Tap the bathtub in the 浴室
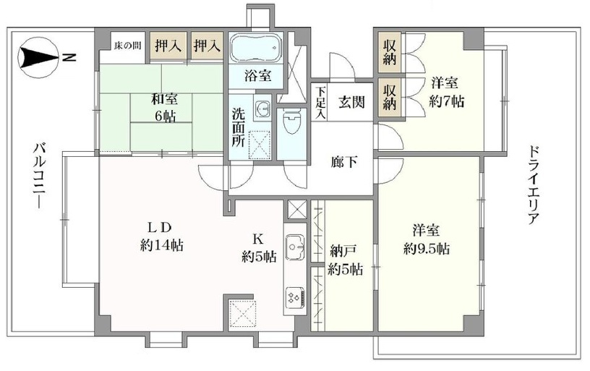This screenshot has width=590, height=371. (x=256, y=48)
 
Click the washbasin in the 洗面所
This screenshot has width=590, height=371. (x=262, y=109)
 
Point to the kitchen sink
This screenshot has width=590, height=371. (x=295, y=247)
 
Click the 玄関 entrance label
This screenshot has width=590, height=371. (x=351, y=101)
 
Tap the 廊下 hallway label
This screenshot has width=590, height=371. (x=344, y=163)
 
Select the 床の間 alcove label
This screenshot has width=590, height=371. (x=128, y=46)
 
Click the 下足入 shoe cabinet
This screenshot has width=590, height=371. (x=320, y=103)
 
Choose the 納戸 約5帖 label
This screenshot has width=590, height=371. (x=345, y=260)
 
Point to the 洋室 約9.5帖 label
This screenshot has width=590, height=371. (x=427, y=239)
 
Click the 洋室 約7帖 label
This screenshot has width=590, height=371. (x=447, y=92)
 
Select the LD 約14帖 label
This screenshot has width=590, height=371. (x=162, y=236)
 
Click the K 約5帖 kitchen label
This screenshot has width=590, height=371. (x=259, y=248)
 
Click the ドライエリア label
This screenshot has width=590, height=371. (x=533, y=184)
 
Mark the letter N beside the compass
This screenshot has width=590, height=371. (x=69, y=58)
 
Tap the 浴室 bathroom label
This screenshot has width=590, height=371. (x=257, y=76)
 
